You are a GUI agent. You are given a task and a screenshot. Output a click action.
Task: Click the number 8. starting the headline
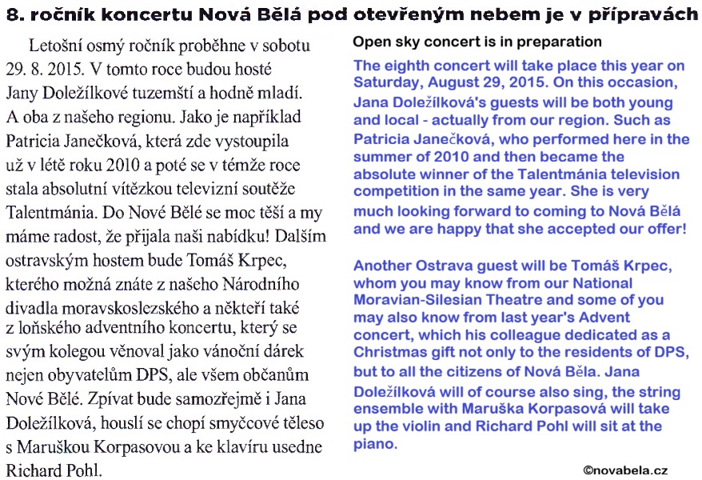14,12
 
